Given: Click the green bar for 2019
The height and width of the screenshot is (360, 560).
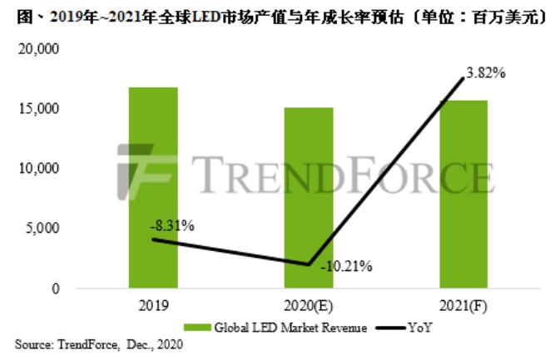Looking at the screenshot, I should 153,187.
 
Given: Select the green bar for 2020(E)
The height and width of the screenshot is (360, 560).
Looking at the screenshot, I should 309,197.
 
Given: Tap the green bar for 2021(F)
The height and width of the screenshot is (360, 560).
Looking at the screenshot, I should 463,194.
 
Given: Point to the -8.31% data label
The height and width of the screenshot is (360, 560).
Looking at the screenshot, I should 172,224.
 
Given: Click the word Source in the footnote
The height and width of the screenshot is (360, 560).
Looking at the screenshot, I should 31,343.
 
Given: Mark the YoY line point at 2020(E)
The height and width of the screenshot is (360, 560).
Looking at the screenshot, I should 309,265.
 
